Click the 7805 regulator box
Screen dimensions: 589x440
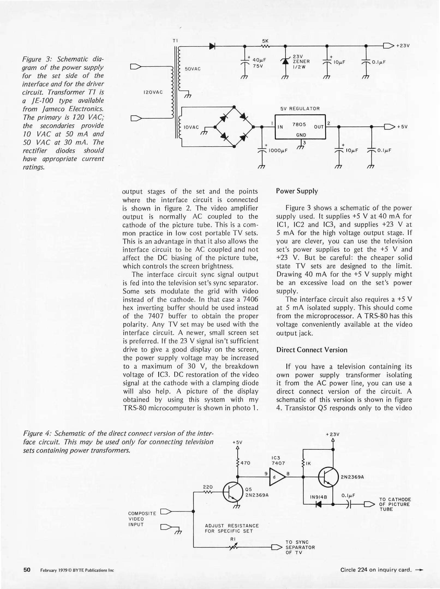point(300,127)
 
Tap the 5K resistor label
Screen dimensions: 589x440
point(265,41)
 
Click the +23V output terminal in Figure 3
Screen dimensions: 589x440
point(389,46)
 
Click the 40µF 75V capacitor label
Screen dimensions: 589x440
point(259,63)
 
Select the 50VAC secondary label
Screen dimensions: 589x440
point(193,69)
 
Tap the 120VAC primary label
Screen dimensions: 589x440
point(153,92)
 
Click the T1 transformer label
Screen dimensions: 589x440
point(175,41)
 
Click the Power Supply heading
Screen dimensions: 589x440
point(297,191)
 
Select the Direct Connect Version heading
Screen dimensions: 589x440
point(312,350)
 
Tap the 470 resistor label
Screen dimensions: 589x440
point(246,463)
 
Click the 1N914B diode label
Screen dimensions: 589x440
point(318,497)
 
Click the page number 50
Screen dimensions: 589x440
point(27,570)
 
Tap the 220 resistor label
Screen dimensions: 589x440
point(208,487)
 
